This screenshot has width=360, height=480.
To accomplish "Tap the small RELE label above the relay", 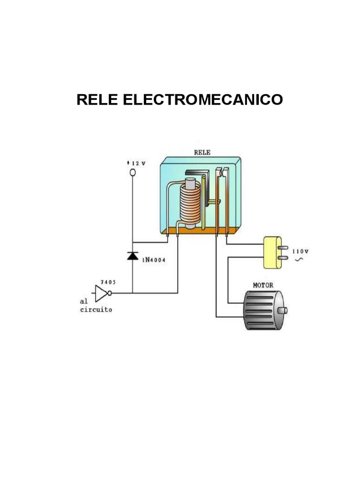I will [x=202, y=152].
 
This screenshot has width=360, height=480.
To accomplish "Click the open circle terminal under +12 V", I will [x=133, y=173].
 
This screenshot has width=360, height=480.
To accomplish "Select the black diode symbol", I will [x=133, y=256].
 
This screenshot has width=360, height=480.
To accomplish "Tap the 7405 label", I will [x=108, y=283].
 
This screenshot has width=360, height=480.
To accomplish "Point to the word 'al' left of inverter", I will [x=83, y=301].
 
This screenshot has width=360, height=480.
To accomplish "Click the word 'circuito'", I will [x=96, y=310].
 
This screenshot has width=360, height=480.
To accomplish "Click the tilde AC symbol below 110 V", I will [x=298, y=259].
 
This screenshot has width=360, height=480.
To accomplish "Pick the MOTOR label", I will [x=263, y=285].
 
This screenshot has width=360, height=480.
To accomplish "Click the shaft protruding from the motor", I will [x=283, y=310].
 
